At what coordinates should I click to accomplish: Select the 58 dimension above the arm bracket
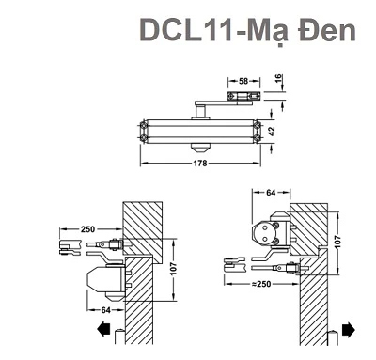pos(243,82)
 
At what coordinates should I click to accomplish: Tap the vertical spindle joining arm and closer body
pos(200,112)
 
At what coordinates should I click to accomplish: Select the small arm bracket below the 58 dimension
pos(243,94)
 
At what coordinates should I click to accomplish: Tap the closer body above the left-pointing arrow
pos(104,280)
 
